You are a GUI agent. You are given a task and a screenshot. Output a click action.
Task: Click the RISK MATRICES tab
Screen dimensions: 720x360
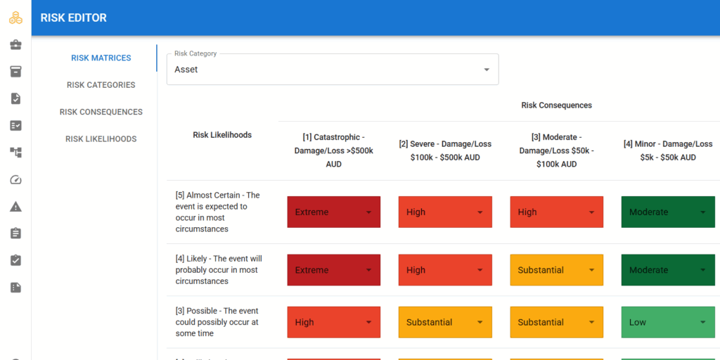coord(101,58)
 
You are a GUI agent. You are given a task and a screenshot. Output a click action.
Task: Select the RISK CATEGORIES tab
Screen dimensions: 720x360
coord(101,85)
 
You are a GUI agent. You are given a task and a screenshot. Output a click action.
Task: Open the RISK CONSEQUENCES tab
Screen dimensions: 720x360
coord(101,112)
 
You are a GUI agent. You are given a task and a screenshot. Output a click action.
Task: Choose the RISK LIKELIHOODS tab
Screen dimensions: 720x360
coord(101,139)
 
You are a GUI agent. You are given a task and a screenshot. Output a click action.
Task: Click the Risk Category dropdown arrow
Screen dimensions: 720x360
coord(487,70)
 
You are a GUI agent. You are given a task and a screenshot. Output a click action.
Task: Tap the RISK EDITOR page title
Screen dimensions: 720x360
coord(73,18)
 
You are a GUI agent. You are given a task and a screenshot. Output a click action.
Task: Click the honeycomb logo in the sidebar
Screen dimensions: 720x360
coord(15,18)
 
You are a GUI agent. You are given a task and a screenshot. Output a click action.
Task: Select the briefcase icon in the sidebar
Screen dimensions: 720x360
coord(15,44)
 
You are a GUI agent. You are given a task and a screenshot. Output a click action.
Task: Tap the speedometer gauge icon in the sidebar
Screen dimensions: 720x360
coord(15,179)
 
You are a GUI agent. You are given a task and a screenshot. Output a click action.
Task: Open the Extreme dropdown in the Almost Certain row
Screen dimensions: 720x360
coord(334,212)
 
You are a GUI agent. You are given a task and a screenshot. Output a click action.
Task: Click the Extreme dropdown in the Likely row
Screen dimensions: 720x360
coord(334,270)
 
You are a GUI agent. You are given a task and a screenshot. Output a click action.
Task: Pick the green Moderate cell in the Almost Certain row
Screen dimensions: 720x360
coord(668,212)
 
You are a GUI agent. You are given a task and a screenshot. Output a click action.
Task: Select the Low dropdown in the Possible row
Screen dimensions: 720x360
coord(668,322)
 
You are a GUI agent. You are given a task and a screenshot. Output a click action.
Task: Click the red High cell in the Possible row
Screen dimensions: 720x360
coord(334,322)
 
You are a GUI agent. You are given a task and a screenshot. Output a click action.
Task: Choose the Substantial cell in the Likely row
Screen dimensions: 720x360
coord(557,270)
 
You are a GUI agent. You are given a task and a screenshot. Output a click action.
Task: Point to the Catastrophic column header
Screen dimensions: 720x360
coord(334,150)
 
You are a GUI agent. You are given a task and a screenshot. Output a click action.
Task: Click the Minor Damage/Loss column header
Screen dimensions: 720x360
coord(668,150)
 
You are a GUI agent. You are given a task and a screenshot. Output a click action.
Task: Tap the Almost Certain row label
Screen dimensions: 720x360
coord(218,212)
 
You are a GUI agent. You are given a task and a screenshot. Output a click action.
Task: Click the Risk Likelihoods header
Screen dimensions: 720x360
coord(222,135)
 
